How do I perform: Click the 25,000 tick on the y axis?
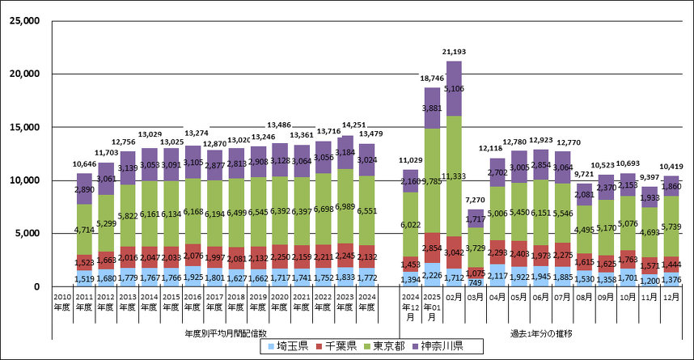(27, 21)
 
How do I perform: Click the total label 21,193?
(454, 53)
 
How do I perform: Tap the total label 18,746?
(432, 79)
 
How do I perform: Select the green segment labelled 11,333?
(454, 176)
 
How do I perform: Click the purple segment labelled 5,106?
(454, 88)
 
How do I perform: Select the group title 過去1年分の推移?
(540, 332)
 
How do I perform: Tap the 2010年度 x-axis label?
(62, 301)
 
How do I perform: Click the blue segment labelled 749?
(476, 282)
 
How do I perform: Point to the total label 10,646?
(84, 164)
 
